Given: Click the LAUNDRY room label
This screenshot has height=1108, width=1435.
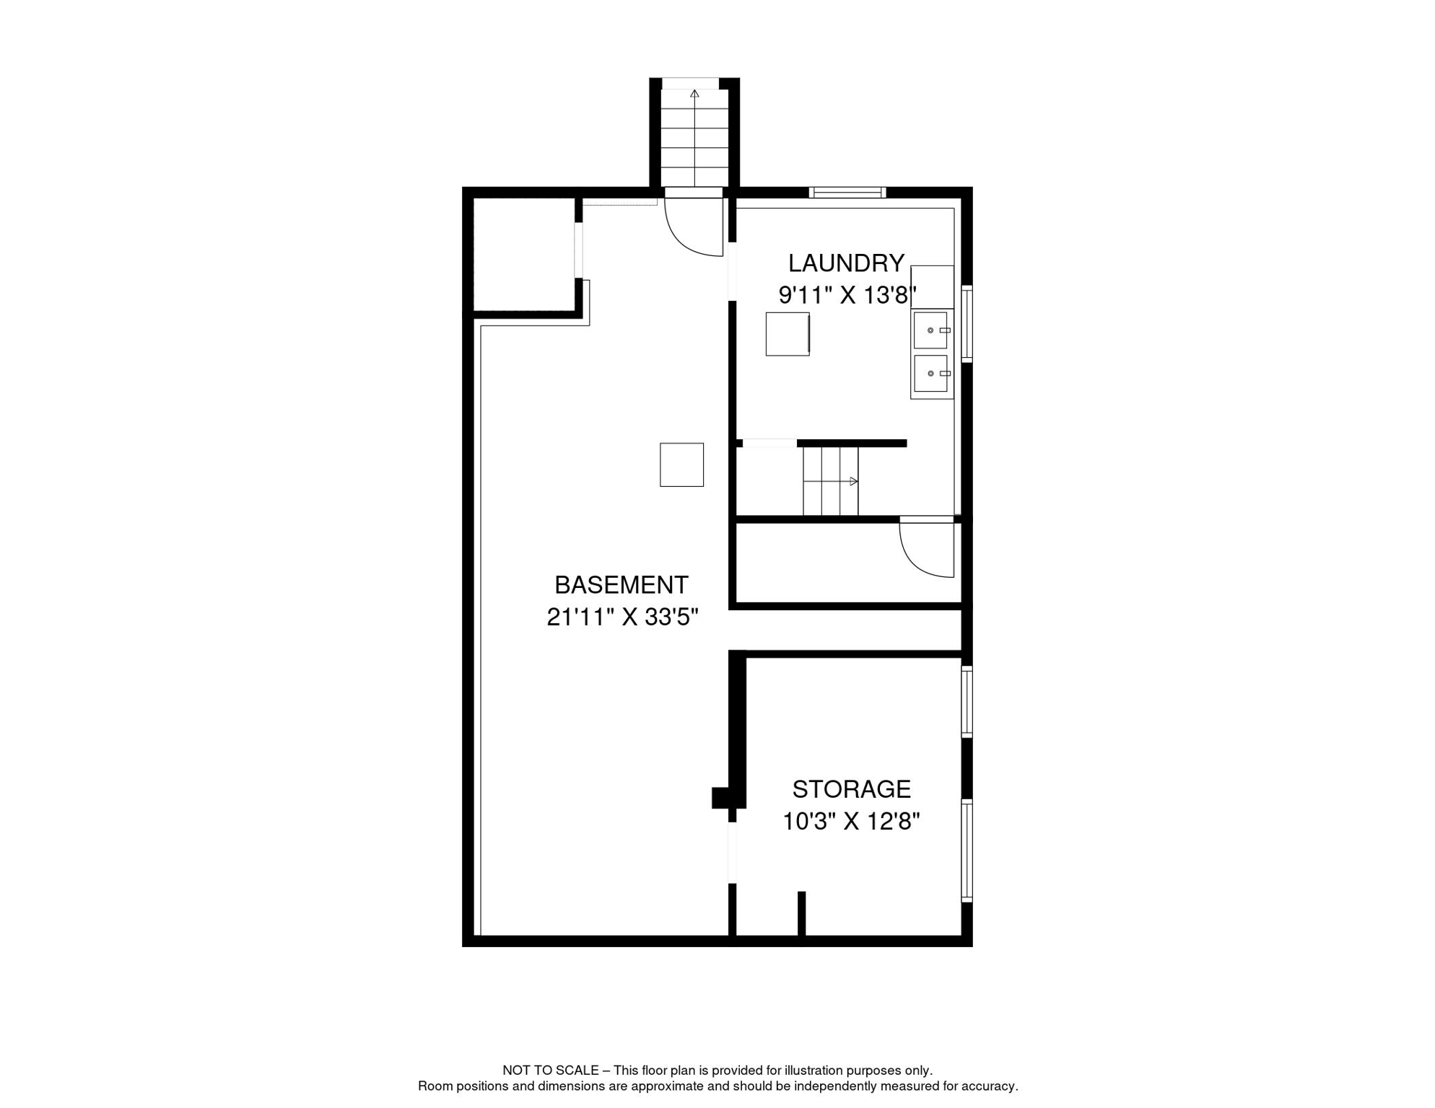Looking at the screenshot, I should (x=846, y=263).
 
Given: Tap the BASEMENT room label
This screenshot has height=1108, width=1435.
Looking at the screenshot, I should (x=621, y=584).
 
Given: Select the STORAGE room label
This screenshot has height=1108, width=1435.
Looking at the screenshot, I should (x=851, y=789).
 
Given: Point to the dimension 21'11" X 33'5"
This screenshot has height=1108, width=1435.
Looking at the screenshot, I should (x=622, y=617).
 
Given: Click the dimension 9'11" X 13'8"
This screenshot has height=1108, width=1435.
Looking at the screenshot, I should (x=847, y=295).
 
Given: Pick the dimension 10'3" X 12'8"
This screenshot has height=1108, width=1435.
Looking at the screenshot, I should (x=851, y=822).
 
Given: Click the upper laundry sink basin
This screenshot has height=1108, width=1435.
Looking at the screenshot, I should (x=930, y=330).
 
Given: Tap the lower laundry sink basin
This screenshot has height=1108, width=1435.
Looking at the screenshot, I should (x=930, y=374).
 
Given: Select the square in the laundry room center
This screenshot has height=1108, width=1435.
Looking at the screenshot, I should (x=787, y=334).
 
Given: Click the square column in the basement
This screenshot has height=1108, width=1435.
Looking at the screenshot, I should (x=681, y=465).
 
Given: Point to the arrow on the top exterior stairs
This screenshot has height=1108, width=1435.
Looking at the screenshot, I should (x=694, y=94).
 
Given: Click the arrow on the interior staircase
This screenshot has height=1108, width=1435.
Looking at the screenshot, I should (x=853, y=481).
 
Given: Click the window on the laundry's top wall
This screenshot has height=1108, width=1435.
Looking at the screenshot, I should (x=847, y=193).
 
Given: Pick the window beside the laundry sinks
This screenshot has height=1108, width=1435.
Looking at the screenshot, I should (x=967, y=323).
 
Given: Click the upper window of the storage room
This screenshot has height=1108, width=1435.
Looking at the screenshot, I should (x=967, y=701).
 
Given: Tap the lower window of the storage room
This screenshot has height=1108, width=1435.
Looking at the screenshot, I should (x=967, y=850).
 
